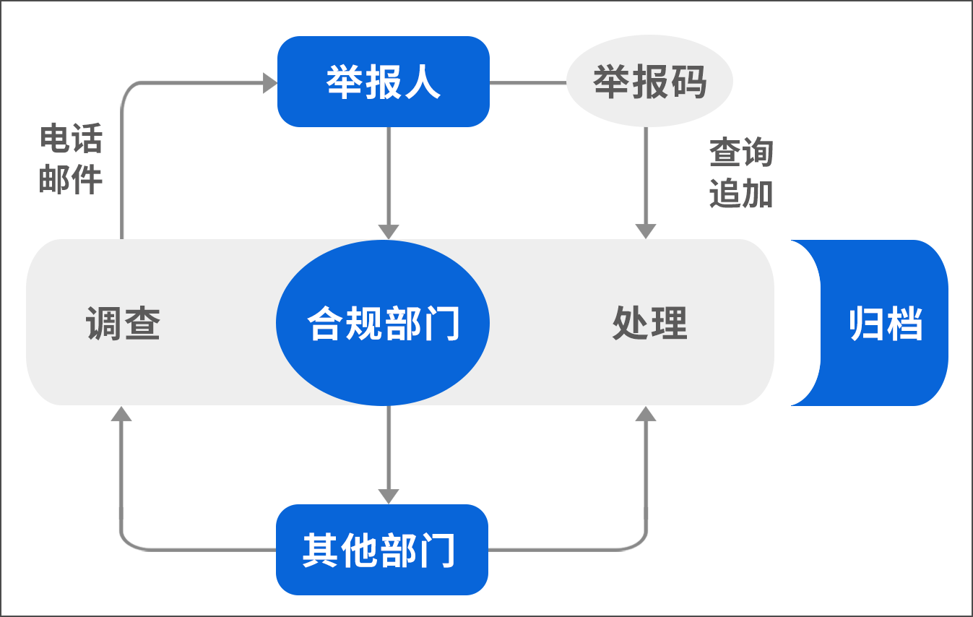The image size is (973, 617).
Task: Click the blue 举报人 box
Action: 384,82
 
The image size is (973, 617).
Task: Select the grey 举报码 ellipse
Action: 649,81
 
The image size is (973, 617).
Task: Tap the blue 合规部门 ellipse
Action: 383,322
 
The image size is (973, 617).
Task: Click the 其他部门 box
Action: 381,550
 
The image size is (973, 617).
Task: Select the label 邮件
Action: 71,178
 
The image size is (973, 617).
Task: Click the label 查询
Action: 740,153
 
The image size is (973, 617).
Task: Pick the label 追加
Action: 740,194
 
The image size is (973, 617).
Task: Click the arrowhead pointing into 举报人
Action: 269,82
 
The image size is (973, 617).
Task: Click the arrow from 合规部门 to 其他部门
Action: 389,452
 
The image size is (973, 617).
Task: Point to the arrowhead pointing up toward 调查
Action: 122,413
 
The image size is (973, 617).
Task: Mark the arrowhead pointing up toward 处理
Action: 646,413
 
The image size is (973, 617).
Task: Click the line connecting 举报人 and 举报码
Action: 528,82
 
